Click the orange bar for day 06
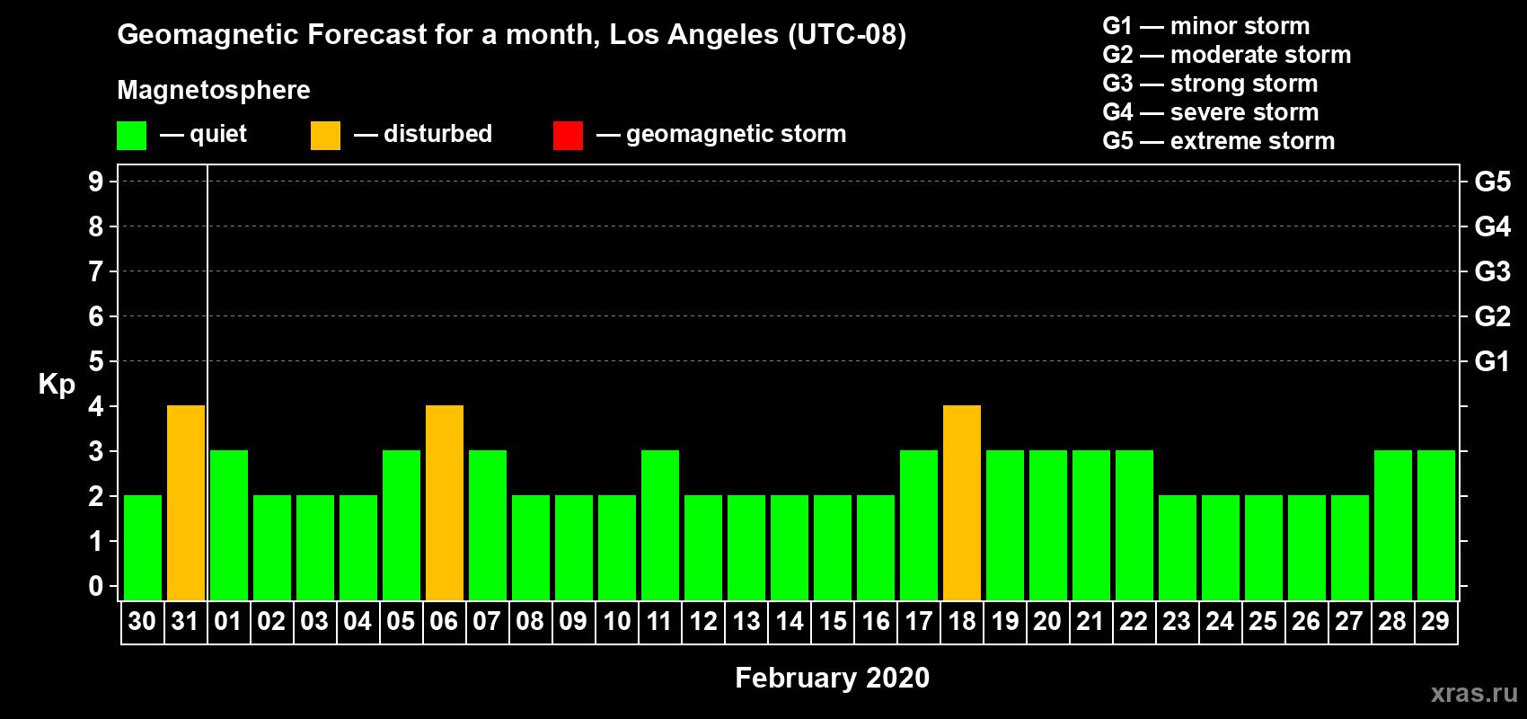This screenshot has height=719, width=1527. click(445, 502)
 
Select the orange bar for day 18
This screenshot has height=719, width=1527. click(962, 502)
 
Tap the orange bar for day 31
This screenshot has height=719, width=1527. click(186, 502)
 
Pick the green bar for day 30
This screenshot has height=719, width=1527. click(143, 547)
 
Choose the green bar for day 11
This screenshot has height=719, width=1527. click(660, 525)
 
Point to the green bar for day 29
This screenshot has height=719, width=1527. click(1436, 525)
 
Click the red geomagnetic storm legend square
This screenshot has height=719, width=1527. click(569, 135)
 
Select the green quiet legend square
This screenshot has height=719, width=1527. click(131, 135)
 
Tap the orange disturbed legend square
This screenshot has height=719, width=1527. click(326, 135)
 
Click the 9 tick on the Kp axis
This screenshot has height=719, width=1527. click(95, 182)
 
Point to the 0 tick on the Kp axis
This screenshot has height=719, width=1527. click(95, 586)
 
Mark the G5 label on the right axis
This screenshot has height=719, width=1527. click(1492, 182)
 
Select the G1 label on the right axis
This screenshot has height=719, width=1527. click(1492, 361)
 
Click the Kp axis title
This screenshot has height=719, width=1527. click(57, 385)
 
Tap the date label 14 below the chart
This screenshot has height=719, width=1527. click(790, 621)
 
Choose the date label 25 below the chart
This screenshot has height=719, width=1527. click(1263, 621)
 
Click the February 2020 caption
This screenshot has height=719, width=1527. click(833, 678)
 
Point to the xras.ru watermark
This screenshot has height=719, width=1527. click(1474, 693)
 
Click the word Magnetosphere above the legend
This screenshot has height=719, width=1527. click(214, 90)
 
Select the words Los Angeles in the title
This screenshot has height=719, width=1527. click(694, 35)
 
